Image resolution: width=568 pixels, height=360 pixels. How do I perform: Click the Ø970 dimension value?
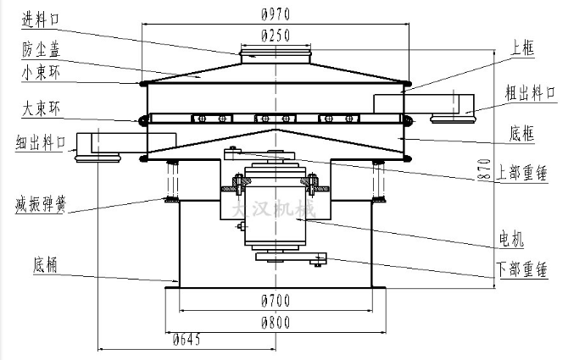tap(276, 14)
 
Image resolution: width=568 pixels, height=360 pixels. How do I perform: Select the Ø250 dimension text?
tap(276, 36)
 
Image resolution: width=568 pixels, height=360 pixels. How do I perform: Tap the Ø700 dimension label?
tap(276, 301)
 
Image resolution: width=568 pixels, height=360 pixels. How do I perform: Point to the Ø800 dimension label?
tap(276, 322)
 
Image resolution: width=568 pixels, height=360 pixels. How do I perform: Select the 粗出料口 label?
tap(530, 91)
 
